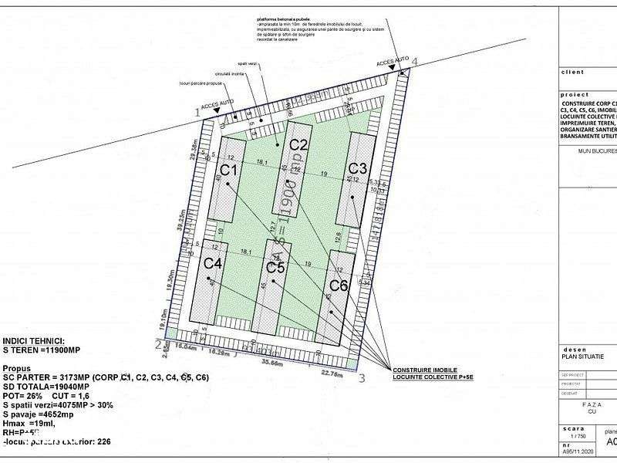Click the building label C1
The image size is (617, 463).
point(228,169)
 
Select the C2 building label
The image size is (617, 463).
point(298,145)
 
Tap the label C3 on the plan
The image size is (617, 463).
point(357,168)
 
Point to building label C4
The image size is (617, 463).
point(214,262)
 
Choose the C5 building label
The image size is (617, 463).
point(275,268)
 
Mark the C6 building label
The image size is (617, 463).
point(338,286)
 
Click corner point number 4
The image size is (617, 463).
point(415,61)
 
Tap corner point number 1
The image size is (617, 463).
point(197,113)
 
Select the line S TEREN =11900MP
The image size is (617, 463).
point(42,350)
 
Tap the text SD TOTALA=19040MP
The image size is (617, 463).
point(45,386)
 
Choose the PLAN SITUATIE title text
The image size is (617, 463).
point(582,356)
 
